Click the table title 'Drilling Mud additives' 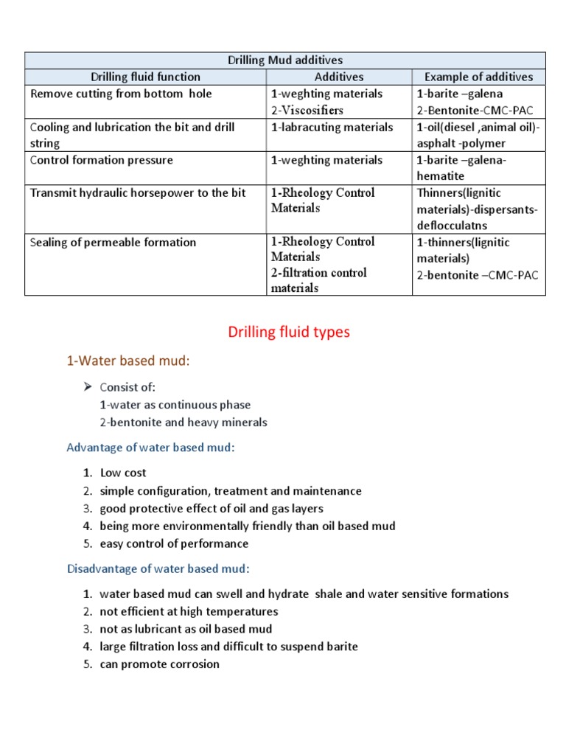[x=284, y=60]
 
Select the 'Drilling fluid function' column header [x=145, y=77]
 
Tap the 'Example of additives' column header [x=478, y=77]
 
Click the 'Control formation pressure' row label [x=102, y=160]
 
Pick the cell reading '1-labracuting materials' [x=332, y=127]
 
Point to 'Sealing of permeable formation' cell [x=113, y=242]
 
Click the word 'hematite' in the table [x=441, y=176]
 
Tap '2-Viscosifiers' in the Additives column [x=307, y=110]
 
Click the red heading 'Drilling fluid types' [x=289, y=333]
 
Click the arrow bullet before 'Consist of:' [x=88, y=387]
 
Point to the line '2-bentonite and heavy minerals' [x=184, y=422]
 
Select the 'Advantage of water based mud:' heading [x=150, y=448]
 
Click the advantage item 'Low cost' [x=123, y=473]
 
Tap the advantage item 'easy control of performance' [x=174, y=543]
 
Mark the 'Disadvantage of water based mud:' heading [x=158, y=568]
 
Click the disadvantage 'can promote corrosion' [x=159, y=664]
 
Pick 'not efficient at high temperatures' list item [x=189, y=611]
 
